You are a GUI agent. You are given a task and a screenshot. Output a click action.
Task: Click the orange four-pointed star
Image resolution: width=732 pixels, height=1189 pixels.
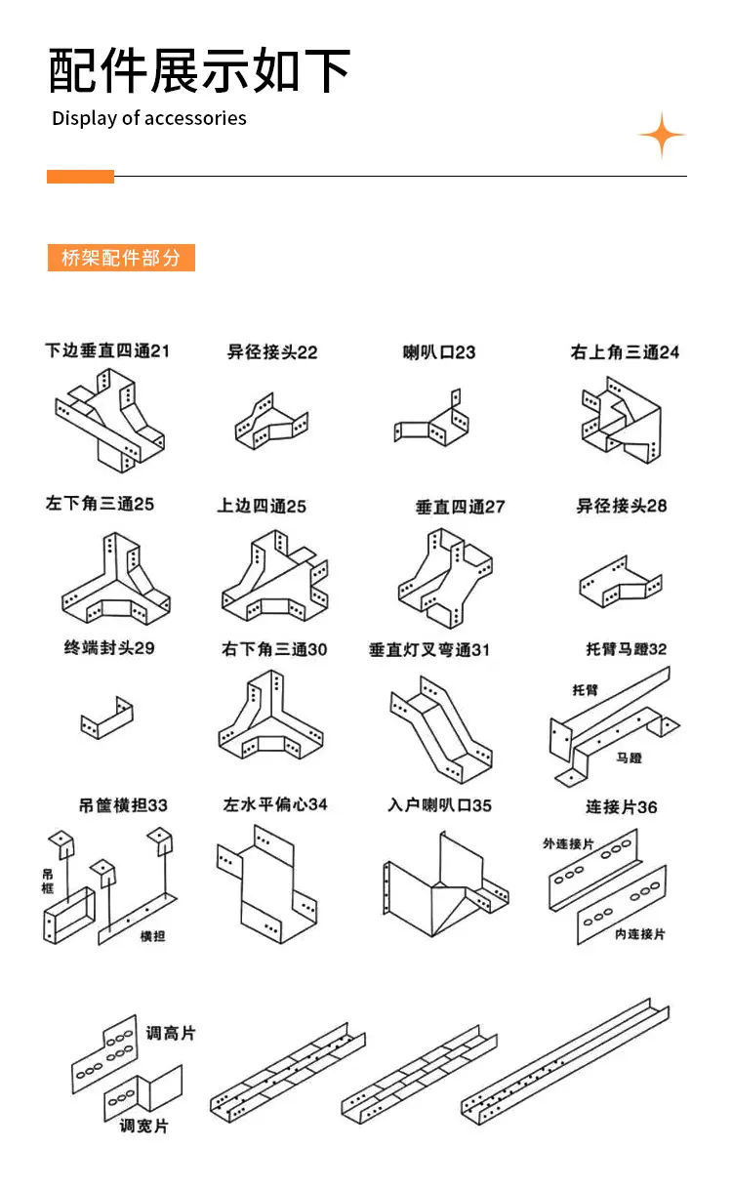pyautogui.click(x=662, y=135)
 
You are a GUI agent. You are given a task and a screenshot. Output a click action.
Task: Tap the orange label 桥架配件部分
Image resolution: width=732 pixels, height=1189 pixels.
pyautogui.click(x=121, y=258)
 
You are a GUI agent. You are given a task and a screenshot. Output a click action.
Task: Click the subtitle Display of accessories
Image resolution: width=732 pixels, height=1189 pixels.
pyautogui.click(x=149, y=118)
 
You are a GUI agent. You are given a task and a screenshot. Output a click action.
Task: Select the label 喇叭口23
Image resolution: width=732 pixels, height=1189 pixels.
pyautogui.click(x=439, y=352)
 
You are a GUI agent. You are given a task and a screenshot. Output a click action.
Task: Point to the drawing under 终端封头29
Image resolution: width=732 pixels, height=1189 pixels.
pyautogui.click(x=106, y=717)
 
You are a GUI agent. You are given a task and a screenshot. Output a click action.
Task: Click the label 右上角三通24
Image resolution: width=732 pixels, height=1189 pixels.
pyautogui.click(x=625, y=352)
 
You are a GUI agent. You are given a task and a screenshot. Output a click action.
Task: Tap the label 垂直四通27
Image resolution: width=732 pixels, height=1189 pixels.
pyautogui.click(x=460, y=507)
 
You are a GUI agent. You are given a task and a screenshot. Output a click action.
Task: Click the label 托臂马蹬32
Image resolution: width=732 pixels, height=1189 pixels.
pyautogui.click(x=626, y=648)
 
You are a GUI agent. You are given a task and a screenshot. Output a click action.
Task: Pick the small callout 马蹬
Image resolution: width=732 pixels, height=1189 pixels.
pyautogui.click(x=629, y=758)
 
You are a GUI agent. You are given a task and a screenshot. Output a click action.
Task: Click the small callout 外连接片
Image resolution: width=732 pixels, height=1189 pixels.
pyautogui.click(x=567, y=843)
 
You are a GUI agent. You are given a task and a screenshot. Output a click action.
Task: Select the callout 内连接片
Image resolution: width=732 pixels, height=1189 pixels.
pyautogui.click(x=639, y=933)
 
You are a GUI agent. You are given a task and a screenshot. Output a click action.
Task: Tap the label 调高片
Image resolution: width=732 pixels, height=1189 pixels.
pyautogui.click(x=171, y=1033)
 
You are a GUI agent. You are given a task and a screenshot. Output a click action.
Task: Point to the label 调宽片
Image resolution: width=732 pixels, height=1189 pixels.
pyautogui.click(x=143, y=1126)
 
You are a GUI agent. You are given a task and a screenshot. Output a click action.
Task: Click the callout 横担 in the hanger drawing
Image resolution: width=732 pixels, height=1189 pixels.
pyautogui.click(x=152, y=936)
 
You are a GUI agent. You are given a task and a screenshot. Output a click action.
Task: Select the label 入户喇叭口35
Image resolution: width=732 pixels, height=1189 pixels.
pyautogui.click(x=439, y=805)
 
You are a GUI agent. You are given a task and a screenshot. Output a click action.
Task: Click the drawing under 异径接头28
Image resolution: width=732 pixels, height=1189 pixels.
pyautogui.click(x=621, y=582)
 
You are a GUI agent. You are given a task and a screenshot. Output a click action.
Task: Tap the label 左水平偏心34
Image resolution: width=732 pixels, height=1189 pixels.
pyautogui.click(x=275, y=804)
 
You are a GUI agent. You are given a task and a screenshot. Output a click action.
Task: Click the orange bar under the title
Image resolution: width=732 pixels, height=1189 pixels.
pyautogui.click(x=80, y=177)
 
